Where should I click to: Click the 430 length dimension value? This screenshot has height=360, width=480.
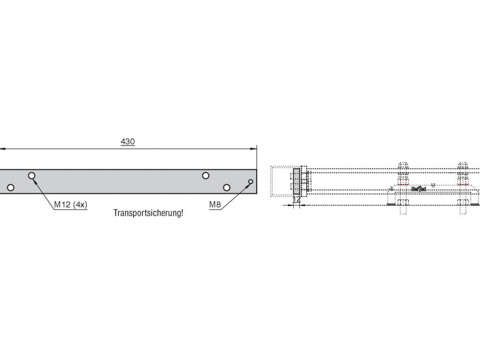pos(128,142)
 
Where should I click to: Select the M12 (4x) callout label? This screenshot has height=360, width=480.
pos(71,205)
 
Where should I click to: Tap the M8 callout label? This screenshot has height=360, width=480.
pos(215,205)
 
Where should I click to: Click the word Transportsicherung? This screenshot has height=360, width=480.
pos(148,213)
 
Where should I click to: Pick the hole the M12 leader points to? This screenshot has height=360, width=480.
pos(32,176)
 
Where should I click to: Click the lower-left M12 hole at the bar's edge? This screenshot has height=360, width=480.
pos(10,188)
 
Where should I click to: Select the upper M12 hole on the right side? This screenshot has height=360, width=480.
pos(206,176)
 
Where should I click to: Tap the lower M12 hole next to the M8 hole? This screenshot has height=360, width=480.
pos(227,187)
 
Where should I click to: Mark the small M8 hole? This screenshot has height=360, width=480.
pos(251,182)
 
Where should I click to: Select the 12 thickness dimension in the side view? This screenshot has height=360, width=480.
pos(297,199)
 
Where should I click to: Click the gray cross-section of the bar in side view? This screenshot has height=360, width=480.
pos(296,181)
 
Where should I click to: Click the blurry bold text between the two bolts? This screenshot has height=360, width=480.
pos(418,189)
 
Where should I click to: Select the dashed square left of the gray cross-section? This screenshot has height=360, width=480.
pos(281,181)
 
